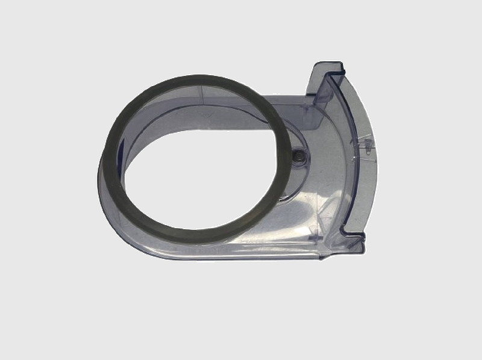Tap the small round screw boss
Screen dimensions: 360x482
tap(297, 155)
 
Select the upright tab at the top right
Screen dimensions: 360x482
tap(325, 78)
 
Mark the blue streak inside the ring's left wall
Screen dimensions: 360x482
tap(122, 147)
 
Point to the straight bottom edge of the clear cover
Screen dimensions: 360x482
tap(241, 257)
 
